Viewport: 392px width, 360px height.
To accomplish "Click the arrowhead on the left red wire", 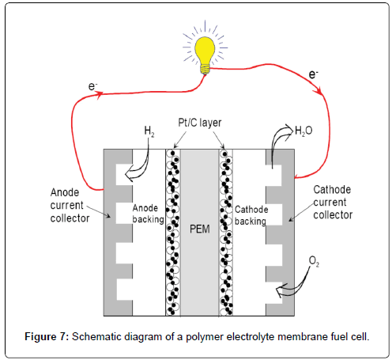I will pyautogui.click(x=100, y=94).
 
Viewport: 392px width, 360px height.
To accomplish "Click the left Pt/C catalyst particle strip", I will pyautogui.click(x=171, y=229).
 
